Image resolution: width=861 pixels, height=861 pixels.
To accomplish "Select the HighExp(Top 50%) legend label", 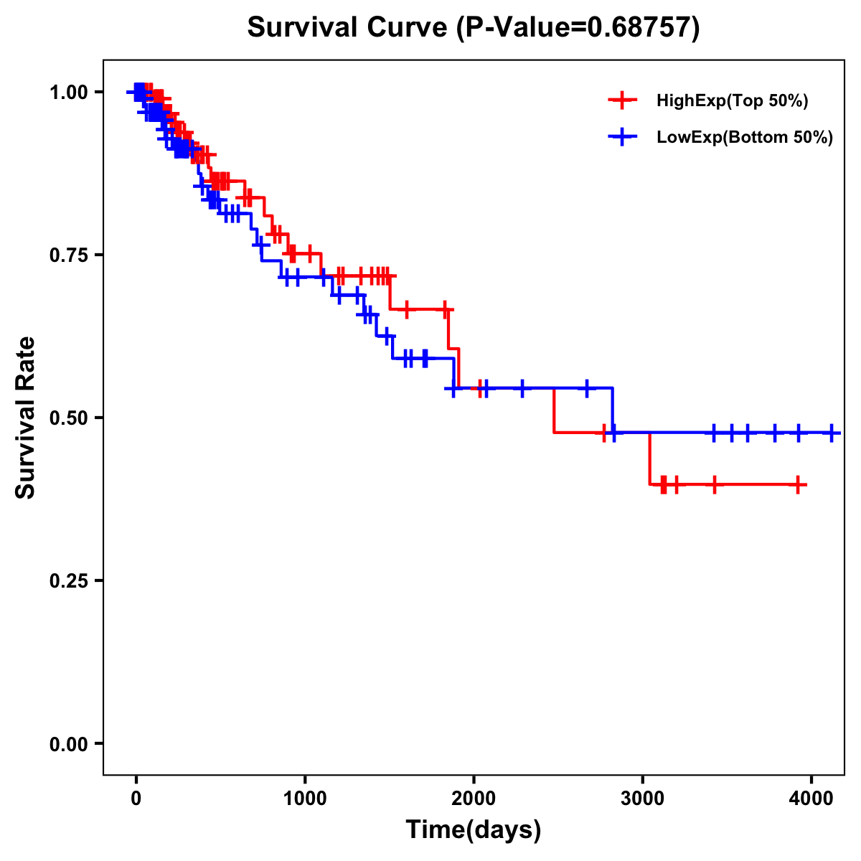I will point(733,101).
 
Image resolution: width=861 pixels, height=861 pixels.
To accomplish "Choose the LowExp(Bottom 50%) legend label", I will point(745,138).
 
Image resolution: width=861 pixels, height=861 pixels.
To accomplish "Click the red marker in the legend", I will point(622,100).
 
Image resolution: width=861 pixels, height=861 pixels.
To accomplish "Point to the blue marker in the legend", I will point(622,137).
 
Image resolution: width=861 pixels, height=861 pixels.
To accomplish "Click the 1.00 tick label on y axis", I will point(68,92).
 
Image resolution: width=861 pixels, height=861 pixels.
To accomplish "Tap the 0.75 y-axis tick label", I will point(68,255).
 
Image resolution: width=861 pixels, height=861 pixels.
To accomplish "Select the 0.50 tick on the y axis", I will point(68,418).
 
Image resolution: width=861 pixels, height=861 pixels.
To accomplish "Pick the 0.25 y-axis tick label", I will point(68,580).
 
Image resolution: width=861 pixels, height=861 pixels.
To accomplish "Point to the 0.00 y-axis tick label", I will point(68,743).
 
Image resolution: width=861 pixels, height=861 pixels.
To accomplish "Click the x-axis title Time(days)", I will point(474,830).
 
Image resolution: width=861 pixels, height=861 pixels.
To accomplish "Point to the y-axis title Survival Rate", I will point(26,418).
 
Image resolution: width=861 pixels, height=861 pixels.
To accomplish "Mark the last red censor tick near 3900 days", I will point(798,485).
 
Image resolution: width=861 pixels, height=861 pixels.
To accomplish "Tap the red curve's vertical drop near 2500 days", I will point(554,410).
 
